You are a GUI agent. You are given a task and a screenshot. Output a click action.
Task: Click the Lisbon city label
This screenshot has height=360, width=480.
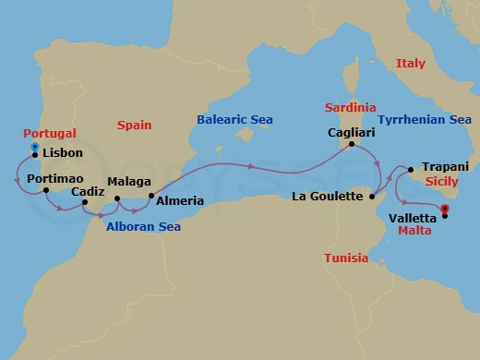pyautogui.click(x=64, y=153)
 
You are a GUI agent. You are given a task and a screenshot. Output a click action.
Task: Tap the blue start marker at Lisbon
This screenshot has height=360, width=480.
pyautogui.click(x=34, y=147)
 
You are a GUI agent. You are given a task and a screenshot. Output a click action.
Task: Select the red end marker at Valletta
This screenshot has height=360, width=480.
pyautogui.click(x=444, y=209)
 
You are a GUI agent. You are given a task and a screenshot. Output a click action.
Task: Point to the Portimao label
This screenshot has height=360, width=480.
pyautogui.click(x=56, y=177)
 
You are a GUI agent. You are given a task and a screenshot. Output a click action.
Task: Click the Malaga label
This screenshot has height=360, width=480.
pyautogui.click(x=128, y=183)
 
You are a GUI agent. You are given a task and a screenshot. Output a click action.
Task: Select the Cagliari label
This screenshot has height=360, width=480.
pyautogui.click(x=352, y=132)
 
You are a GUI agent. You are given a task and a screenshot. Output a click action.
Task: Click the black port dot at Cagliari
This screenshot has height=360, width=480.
pyautogui.click(x=352, y=144)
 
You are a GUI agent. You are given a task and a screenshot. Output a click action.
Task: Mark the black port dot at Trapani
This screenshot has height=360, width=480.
pyautogui.click(x=412, y=168)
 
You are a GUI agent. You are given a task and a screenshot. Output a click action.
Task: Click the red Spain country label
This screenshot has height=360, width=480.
pyautogui.click(x=135, y=125)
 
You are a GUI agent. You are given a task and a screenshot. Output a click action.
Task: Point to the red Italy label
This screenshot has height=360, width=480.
pyautogui.click(x=411, y=64)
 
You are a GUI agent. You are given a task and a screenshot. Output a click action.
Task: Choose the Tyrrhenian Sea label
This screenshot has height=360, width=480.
pyautogui.click(x=425, y=119)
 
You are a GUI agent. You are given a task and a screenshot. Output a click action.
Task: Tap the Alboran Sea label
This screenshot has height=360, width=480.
pyautogui.click(x=143, y=226)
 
